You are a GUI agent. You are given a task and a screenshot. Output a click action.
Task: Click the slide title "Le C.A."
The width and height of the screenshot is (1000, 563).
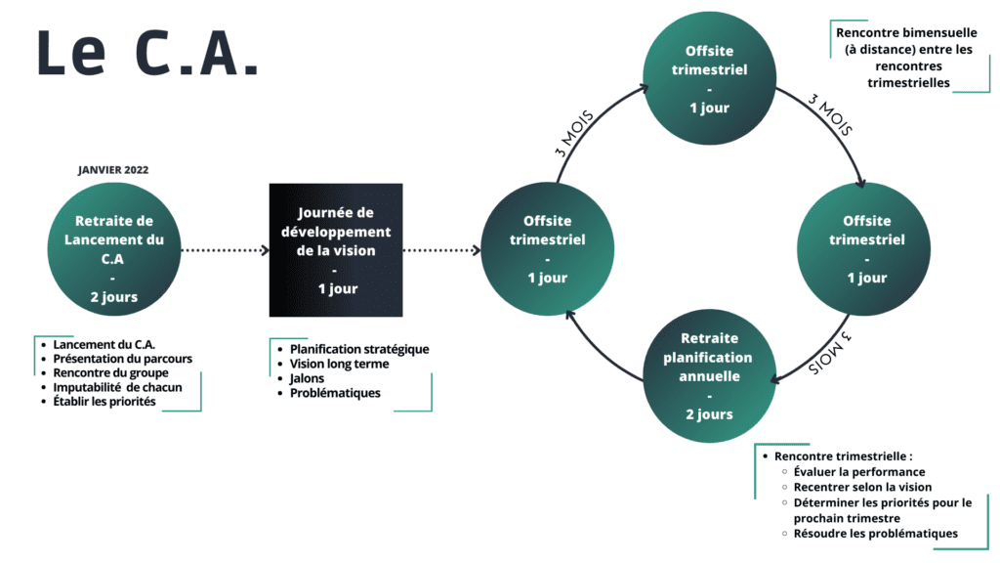coord(148,53)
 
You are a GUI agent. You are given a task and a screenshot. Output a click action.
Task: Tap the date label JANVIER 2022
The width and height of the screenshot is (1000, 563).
coord(113,170)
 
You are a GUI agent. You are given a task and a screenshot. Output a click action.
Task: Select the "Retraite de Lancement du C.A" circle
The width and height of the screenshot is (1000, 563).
coord(114,249)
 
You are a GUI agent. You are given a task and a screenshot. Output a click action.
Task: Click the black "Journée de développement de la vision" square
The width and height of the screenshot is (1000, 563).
coord(336,250)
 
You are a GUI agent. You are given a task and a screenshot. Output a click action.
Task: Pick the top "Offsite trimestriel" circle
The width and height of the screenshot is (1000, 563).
coord(709,78)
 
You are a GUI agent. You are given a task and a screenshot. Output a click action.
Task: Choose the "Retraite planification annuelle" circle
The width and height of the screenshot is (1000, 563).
coord(709,376)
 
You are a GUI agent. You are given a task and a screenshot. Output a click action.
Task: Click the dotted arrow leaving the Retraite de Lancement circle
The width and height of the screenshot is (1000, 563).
coord(226,250)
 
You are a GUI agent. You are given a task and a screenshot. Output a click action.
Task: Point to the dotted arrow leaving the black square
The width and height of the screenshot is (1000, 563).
coord(442,250)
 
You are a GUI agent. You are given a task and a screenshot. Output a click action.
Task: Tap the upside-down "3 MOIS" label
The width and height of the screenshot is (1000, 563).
coord(830,353)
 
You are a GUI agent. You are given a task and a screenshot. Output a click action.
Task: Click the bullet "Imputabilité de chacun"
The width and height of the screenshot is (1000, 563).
coord(117,387)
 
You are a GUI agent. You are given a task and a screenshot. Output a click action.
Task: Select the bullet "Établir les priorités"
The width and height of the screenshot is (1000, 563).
coord(104,402)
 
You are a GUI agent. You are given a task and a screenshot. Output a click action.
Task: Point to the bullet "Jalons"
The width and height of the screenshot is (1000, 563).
coord(307,378)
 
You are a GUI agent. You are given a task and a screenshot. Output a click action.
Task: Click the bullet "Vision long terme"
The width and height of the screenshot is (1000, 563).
coord(339,364)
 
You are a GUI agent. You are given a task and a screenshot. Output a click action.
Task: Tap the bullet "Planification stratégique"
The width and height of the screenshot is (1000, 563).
coord(359,349)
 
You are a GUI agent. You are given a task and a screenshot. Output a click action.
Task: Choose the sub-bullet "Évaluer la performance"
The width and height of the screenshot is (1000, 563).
coord(859,472)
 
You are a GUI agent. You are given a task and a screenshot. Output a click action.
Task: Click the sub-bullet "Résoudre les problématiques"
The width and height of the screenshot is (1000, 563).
coord(876,534)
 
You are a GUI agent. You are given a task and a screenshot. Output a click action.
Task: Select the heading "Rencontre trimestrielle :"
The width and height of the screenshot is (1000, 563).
coord(843,456)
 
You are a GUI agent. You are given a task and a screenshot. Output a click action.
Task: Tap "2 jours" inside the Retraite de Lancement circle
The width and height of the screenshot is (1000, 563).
coord(114,297)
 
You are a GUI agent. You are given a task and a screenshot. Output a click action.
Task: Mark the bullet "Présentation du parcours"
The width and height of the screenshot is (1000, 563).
coord(122,359)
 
